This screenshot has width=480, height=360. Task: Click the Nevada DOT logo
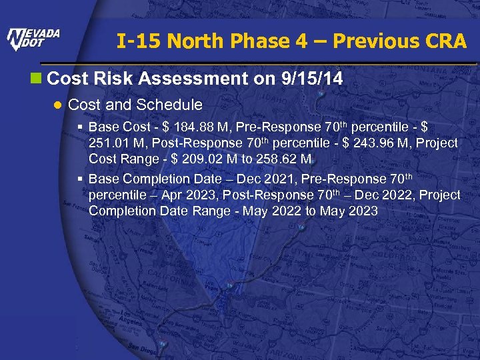tap(33, 39)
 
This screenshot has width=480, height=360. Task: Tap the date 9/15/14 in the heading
tap(313, 79)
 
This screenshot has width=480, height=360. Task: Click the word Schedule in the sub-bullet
tap(169, 105)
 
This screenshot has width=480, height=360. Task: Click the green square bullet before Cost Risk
tap(41, 79)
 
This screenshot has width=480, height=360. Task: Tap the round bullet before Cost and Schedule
tap(59, 105)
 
